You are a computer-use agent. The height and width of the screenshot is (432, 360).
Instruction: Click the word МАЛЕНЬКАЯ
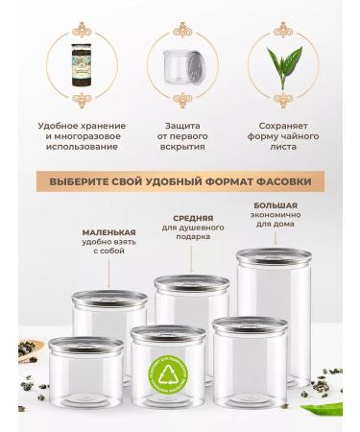pyautogui.click(x=108, y=232)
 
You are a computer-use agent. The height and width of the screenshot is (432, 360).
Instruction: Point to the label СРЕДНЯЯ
pyautogui.click(x=193, y=218)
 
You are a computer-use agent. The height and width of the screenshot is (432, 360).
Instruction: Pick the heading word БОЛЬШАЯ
pyautogui.click(x=275, y=204)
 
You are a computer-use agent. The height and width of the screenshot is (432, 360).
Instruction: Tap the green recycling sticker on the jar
pyautogui.click(x=170, y=378)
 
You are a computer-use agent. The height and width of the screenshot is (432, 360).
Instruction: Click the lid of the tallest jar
pyautogui.click(x=274, y=257)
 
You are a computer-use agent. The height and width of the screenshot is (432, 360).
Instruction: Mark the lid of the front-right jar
pyautogui.click(x=250, y=325)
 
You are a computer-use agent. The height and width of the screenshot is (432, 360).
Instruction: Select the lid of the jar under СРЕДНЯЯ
pyautogui.click(x=192, y=284)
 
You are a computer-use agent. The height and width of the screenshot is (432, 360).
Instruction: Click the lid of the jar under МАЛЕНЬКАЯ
pyautogui.click(x=109, y=299)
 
